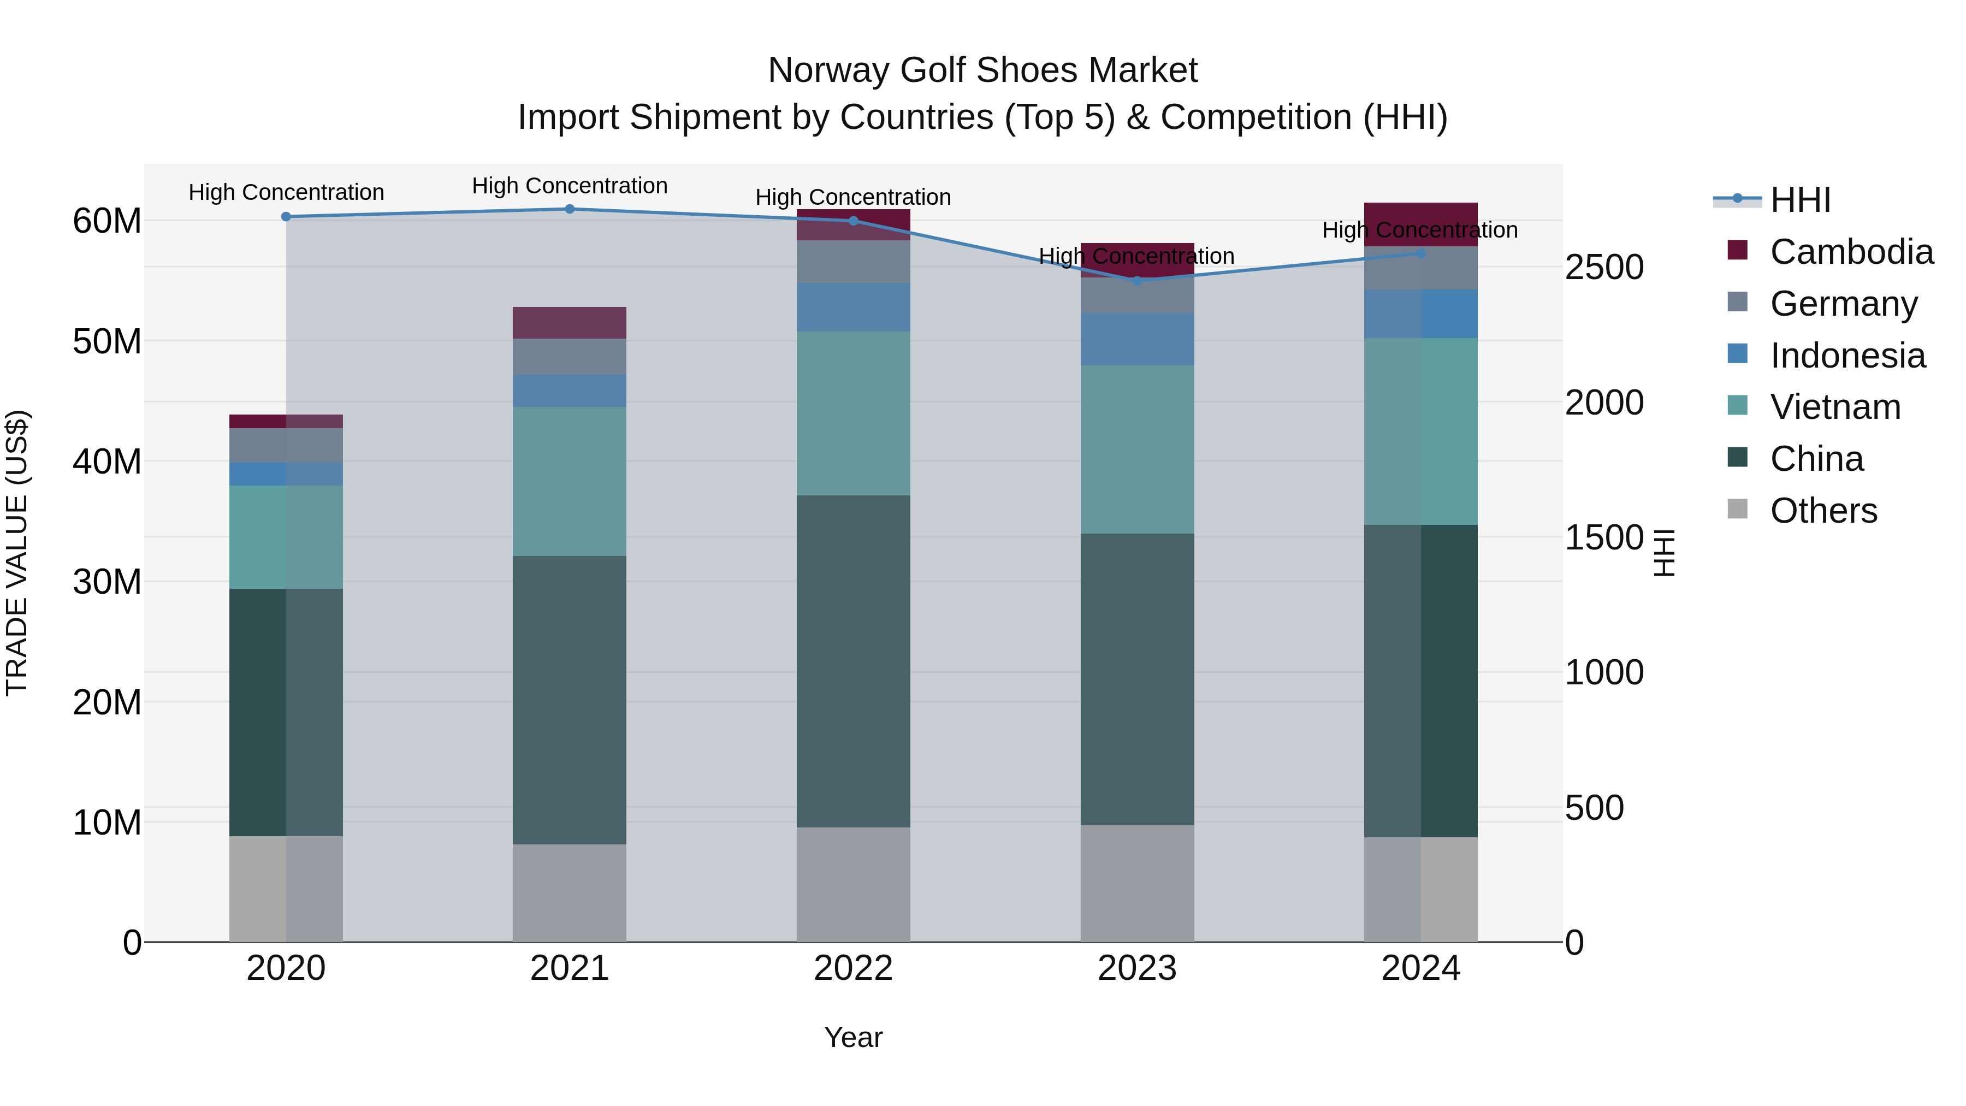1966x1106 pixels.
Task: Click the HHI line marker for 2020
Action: point(286,217)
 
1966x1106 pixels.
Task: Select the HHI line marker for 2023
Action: point(1137,281)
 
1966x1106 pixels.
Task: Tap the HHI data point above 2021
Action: point(570,209)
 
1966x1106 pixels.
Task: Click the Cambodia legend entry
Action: point(1851,252)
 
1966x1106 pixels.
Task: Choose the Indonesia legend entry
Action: point(1847,356)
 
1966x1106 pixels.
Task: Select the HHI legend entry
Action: point(1799,200)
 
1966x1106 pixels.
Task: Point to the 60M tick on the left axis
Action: point(107,221)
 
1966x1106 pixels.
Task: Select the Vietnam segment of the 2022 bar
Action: point(853,413)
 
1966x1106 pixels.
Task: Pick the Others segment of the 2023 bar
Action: point(1137,883)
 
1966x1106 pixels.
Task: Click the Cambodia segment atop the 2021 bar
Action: point(570,323)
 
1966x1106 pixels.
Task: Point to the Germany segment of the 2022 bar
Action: point(853,262)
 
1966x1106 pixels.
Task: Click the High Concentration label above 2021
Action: point(570,186)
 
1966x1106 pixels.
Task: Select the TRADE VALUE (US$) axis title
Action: point(17,553)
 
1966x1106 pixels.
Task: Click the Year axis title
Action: point(853,1038)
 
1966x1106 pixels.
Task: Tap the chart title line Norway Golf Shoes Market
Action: point(982,70)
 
